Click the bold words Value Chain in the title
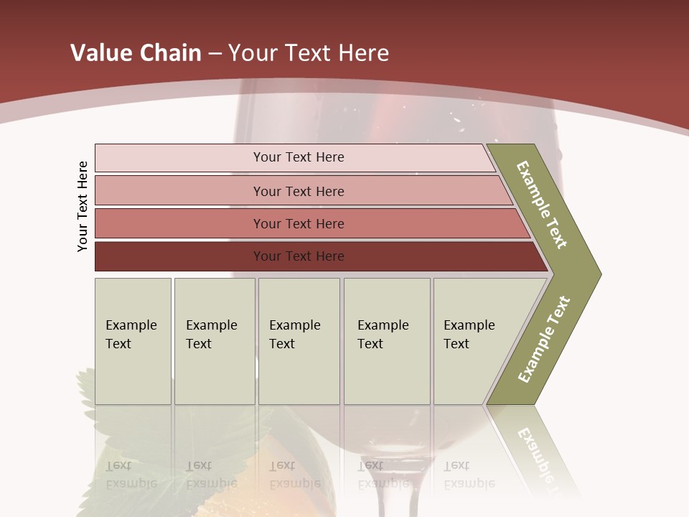pyautogui.click(x=136, y=53)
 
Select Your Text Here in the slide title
pyautogui.click(x=309, y=53)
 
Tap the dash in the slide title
pyautogui.click(x=215, y=54)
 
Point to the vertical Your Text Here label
pyautogui.click(x=83, y=206)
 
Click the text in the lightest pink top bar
pyautogui.click(x=299, y=157)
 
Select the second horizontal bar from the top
pyautogui.click(x=299, y=191)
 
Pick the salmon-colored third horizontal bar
pyautogui.click(x=299, y=223)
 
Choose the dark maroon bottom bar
pyautogui.click(x=299, y=256)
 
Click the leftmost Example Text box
pyautogui.click(x=133, y=341)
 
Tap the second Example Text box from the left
pyautogui.click(x=215, y=341)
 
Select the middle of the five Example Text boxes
pyautogui.click(x=299, y=341)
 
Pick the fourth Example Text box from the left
pyautogui.click(x=387, y=341)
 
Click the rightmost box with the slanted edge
pyautogui.click(x=474, y=341)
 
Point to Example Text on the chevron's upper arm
pyautogui.click(x=542, y=205)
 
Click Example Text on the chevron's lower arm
pyautogui.click(x=543, y=339)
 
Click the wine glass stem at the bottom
pyautogui.click(x=388, y=488)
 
